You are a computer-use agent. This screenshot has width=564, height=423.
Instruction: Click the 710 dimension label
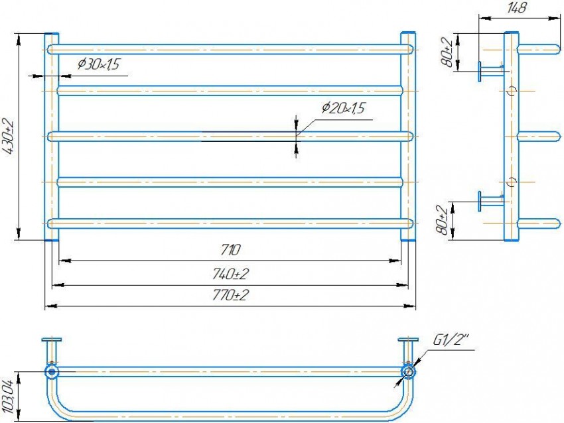click(230, 250)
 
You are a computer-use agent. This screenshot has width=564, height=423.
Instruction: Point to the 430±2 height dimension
click(9, 137)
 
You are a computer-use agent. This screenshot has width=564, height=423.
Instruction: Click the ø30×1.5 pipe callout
click(99, 64)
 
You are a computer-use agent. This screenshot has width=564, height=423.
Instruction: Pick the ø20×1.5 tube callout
click(344, 108)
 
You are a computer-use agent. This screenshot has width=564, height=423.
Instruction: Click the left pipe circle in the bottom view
click(50, 371)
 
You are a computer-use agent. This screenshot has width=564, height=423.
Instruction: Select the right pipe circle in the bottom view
click(408, 371)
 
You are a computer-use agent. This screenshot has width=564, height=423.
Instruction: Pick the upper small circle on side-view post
click(511, 91)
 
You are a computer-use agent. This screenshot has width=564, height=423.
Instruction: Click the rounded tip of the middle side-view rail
click(556, 137)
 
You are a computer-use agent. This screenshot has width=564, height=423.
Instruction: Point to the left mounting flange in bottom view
click(50, 340)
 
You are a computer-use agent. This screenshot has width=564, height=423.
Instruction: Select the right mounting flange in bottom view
click(408, 340)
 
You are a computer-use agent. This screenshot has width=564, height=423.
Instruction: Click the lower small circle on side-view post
click(511, 181)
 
